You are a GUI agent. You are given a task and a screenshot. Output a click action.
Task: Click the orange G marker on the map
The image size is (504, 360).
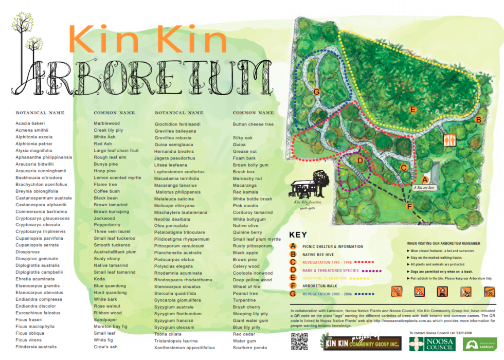[317, 92]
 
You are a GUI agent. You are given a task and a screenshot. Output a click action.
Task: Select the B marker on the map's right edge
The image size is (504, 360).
[478, 120]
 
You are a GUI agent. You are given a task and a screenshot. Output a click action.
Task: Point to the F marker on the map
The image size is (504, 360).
[409, 206]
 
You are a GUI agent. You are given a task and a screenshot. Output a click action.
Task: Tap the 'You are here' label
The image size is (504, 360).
[424, 188]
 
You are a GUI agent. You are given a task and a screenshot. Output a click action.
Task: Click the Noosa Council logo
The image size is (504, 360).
[430, 343]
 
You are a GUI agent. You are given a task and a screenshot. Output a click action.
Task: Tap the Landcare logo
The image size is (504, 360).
[480, 344]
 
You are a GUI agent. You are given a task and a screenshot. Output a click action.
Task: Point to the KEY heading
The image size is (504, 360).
[298, 235]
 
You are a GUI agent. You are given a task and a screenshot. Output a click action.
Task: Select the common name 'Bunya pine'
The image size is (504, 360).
[105, 164]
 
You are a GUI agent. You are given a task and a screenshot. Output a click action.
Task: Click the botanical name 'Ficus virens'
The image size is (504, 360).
[29, 340]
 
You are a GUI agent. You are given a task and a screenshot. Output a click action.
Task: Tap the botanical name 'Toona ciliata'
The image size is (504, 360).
[169, 334]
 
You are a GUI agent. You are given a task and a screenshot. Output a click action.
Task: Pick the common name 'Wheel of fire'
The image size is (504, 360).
[247, 286]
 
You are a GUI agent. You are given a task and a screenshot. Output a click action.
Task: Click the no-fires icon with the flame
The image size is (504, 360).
[442, 292]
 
